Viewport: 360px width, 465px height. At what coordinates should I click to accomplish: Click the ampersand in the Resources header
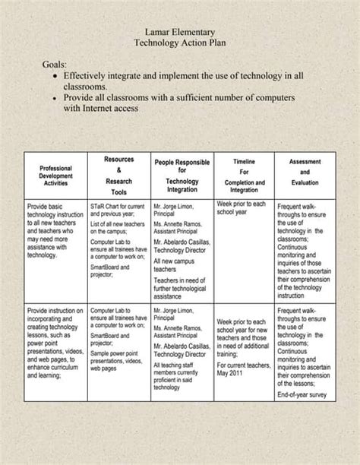click(118, 170)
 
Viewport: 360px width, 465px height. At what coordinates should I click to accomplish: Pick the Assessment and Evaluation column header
click(305, 172)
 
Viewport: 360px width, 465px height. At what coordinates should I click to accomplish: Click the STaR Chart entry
click(118, 210)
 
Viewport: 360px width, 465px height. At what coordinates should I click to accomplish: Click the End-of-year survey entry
click(302, 394)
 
